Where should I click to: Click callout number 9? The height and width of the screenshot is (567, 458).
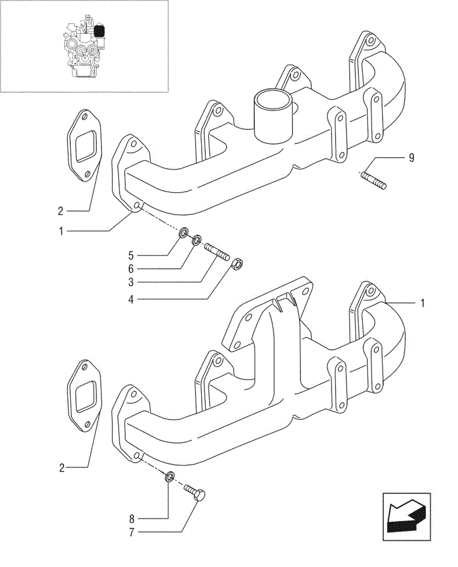tap(412, 158)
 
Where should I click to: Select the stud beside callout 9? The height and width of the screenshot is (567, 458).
tap(373, 181)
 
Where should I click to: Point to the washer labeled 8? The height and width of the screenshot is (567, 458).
tap(169, 477)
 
